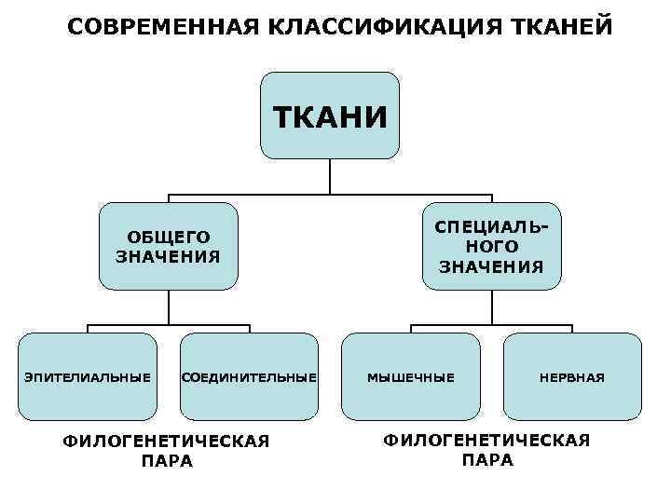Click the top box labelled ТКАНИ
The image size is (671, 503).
(329, 116)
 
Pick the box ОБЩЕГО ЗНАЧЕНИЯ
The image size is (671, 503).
(168, 247)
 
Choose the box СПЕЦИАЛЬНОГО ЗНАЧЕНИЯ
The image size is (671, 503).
(491, 247)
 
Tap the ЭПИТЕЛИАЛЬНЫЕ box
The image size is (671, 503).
(88, 377)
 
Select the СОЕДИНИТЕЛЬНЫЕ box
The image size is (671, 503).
(248, 377)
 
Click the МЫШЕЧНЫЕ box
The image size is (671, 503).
(411, 377)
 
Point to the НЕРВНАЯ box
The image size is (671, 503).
(572, 377)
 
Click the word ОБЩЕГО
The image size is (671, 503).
(169, 238)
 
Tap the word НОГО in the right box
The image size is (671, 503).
(492, 247)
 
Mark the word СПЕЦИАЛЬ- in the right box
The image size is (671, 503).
(492, 227)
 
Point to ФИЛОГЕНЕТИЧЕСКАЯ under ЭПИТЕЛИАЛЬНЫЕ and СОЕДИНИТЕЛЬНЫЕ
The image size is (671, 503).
(167, 442)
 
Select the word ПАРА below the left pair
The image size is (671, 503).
(168, 461)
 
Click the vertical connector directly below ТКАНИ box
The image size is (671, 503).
(330, 176)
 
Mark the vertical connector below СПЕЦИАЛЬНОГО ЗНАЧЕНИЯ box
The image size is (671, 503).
(491, 306)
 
